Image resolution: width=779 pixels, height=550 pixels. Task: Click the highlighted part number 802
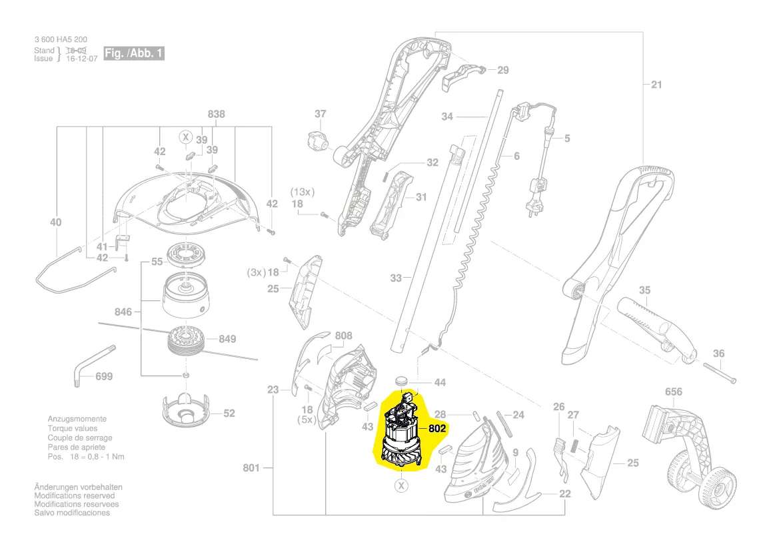coord(436,429)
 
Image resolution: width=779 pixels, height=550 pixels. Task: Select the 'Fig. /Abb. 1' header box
coord(134,53)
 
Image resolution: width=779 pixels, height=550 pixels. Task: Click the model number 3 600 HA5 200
coord(61,40)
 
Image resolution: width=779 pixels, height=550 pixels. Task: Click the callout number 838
coord(216,114)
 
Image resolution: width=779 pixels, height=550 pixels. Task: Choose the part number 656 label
coord(674,392)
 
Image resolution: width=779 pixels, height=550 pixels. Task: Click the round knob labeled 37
coord(319,141)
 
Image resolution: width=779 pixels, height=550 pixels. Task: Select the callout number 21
coord(657,84)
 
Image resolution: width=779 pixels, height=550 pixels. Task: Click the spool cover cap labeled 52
coord(186,411)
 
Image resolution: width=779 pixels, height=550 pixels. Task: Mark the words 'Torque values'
coord(70,429)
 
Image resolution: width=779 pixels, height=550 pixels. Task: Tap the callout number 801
coord(251,468)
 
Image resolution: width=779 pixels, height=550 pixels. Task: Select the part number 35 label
coord(644,290)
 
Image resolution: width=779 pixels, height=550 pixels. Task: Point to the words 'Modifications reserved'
coord(74,496)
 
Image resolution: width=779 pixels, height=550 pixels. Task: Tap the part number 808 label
coord(343,336)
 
